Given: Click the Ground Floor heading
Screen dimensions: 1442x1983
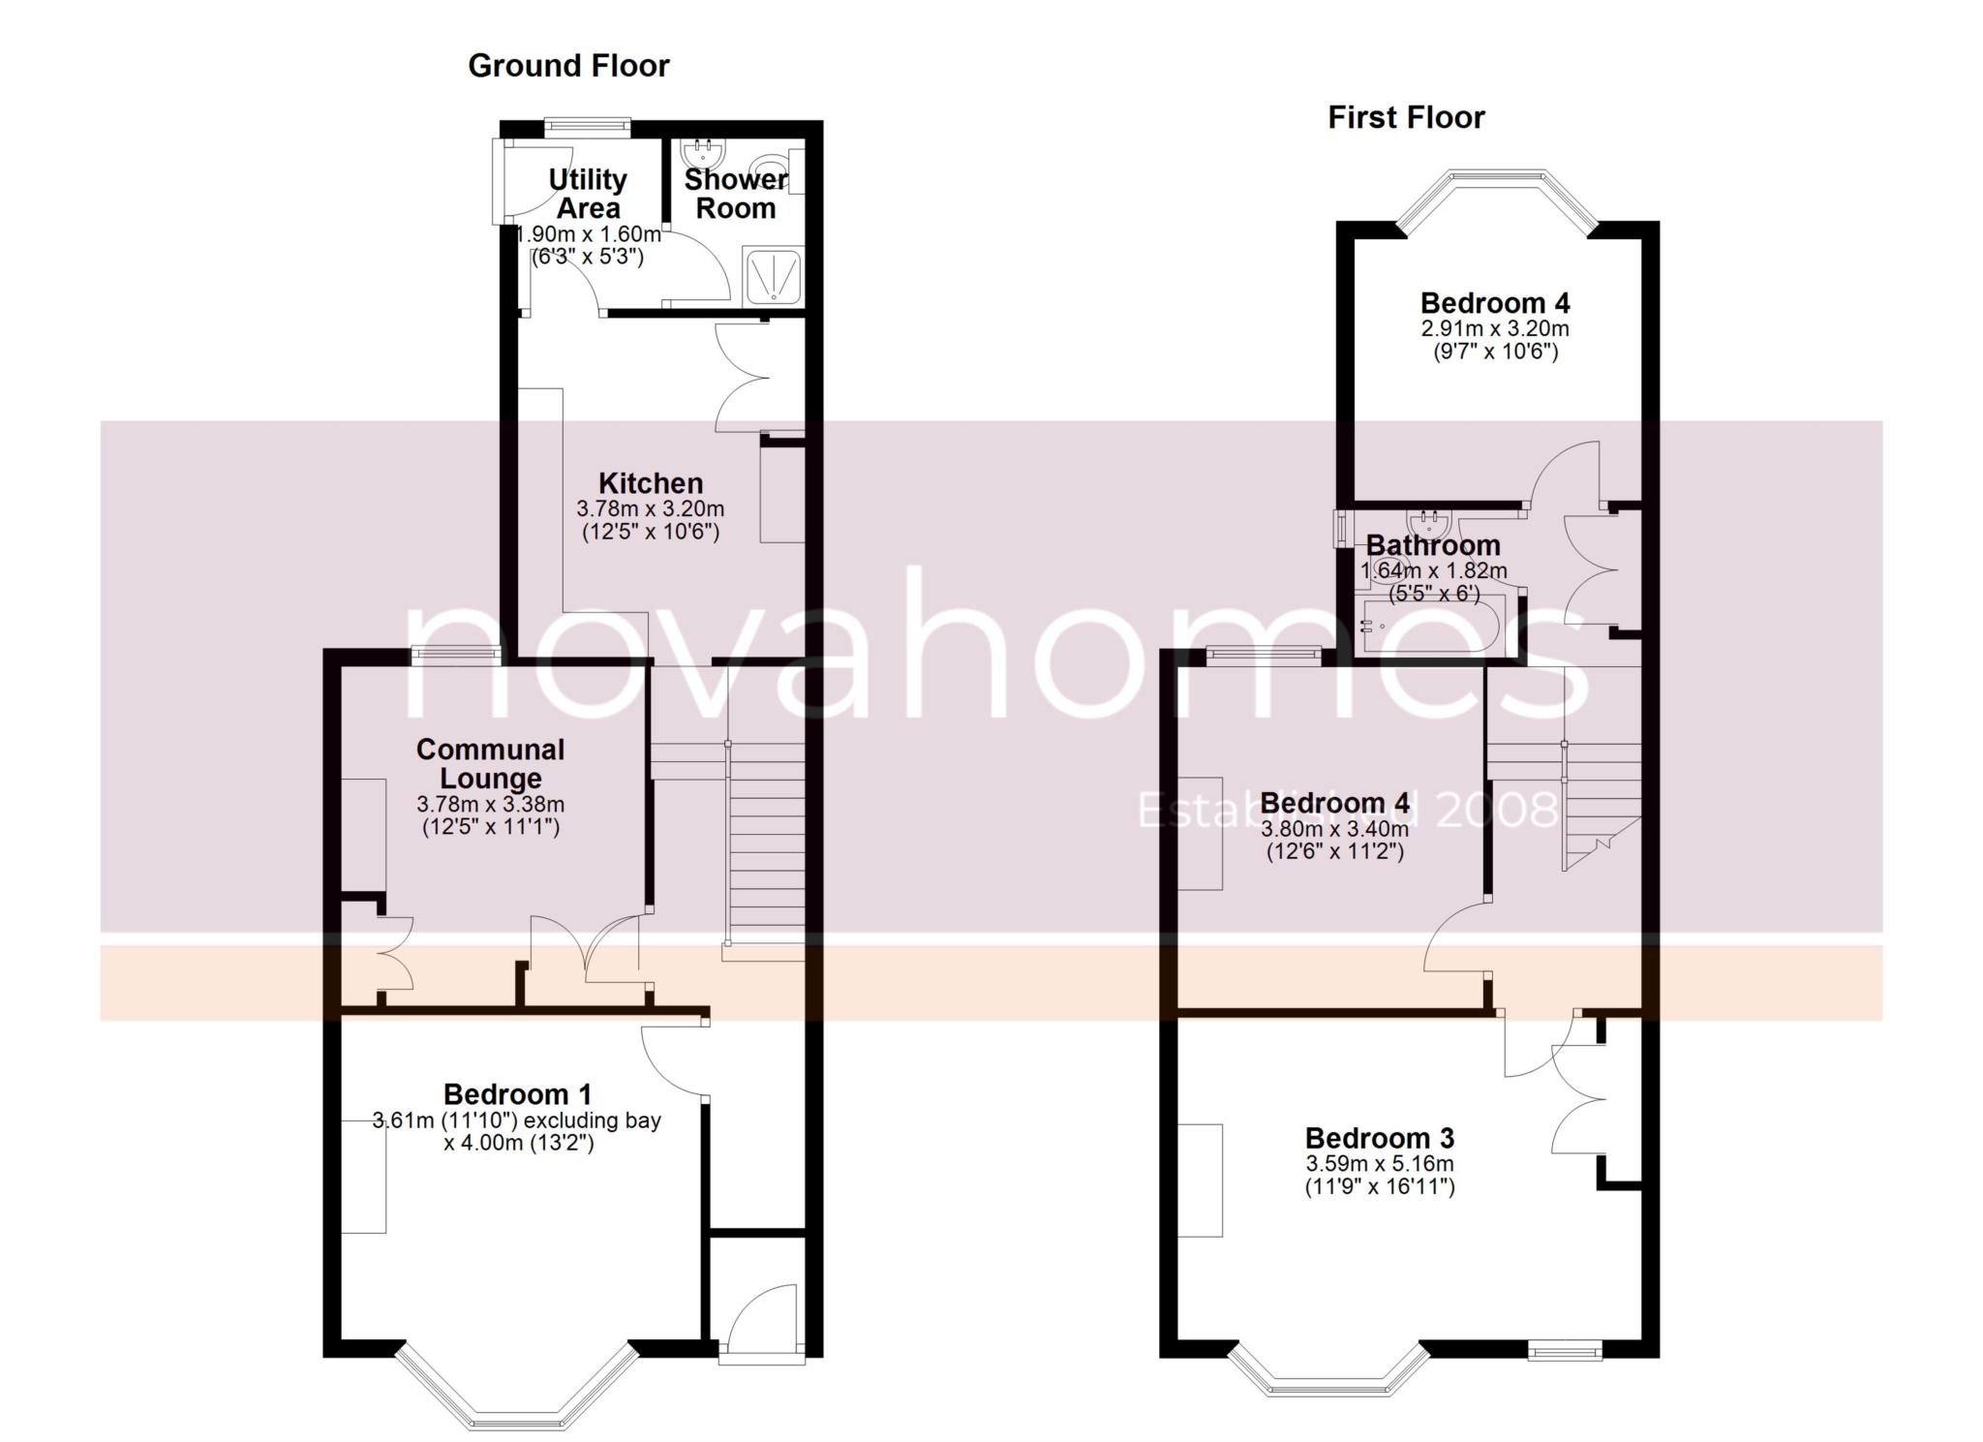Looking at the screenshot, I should (x=568, y=66).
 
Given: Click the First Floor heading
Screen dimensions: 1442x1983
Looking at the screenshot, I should (x=1405, y=118).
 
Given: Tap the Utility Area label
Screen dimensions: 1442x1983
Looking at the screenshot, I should (x=588, y=194).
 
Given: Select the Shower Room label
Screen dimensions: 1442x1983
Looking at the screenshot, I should (x=736, y=194).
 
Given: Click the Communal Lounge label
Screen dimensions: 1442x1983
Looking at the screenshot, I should (x=490, y=763).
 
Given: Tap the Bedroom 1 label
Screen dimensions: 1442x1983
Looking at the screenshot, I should (x=517, y=1094).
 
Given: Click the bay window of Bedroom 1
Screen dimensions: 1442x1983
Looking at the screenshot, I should (x=518, y=1395).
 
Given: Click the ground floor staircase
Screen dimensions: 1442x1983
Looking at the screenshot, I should (x=766, y=843).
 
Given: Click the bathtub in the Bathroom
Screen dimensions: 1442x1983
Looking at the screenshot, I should (x=1433, y=627).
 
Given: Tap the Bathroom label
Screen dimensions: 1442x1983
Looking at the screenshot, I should (x=1433, y=545).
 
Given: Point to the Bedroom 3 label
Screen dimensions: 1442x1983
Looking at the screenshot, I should (x=1379, y=1138).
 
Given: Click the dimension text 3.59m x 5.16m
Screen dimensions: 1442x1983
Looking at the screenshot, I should (x=1379, y=1164).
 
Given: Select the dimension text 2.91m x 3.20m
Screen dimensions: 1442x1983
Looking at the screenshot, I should (x=1494, y=329).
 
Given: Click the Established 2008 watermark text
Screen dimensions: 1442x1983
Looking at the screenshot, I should (x=1346, y=810).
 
